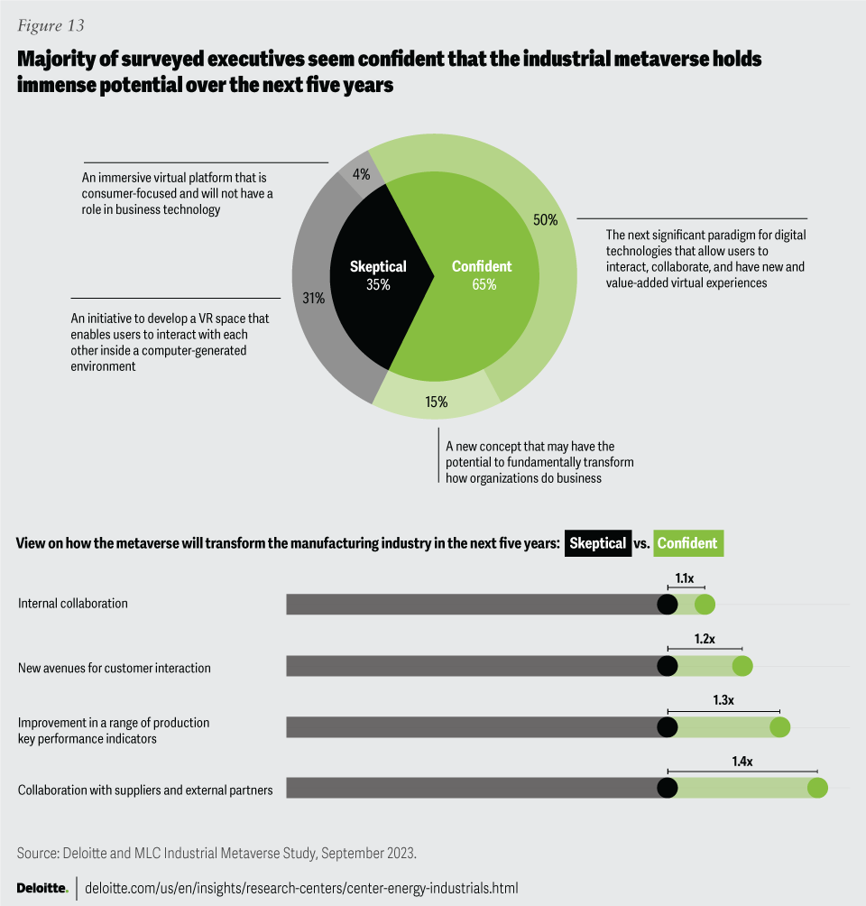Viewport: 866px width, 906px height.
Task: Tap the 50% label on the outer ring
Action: (546, 219)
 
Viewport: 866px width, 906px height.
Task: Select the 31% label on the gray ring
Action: (313, 299)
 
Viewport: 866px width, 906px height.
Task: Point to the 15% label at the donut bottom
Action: (437, 402)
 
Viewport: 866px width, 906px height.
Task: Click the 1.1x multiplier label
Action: (686, 575)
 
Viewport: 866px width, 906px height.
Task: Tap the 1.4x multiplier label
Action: (742, 762)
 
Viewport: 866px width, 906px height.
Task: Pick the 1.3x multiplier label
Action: (723, 699)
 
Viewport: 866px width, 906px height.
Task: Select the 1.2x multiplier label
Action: (705, 638)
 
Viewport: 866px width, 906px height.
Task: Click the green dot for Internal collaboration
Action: (705, 605)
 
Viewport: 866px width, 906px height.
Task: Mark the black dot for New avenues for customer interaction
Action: (668, 666)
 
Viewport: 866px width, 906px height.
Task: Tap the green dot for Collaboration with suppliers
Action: (817, 788)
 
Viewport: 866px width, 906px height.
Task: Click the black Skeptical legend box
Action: (598, 543)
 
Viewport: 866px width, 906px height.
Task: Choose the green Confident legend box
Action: (687, 543)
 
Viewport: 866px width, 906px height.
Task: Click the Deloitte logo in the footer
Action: (42, 888)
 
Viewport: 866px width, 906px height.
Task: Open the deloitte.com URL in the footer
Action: (301, 888)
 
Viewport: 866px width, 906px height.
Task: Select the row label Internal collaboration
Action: (73, 603)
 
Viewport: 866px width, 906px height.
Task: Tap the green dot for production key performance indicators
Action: (779, 727)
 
